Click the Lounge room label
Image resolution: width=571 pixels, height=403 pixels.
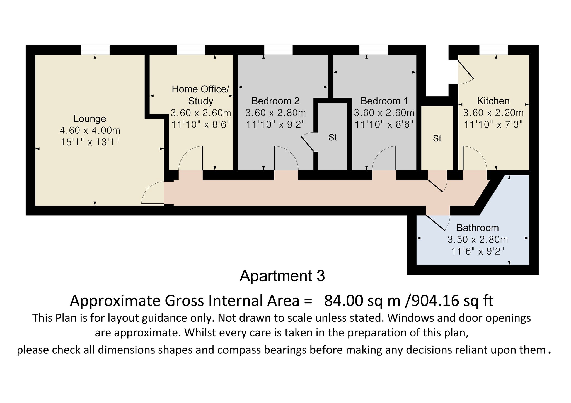(x=89, y=119)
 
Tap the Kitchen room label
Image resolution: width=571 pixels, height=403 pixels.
(x=493, y=101)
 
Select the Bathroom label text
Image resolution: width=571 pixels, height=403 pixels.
(x=477, y=228)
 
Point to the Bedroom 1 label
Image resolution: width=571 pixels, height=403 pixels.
(x=384, y=101)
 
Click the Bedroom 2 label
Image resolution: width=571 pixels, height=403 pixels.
(x=275, y=101)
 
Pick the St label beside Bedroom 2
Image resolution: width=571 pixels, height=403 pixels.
(x=333, y=137)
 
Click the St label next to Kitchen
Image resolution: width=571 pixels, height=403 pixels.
(x=437, y=138)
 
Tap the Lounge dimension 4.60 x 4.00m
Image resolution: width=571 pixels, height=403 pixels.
(x=90, y=130)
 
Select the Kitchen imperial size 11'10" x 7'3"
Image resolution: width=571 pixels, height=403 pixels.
(x=493, y=124)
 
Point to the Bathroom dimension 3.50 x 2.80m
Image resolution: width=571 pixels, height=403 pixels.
(x=478, y=240)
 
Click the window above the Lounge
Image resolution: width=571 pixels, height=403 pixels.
(x=95, y=50)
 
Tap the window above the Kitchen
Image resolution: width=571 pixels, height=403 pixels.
(x=493, y=50)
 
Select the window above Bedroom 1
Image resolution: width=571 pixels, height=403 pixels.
(x=373, y=50)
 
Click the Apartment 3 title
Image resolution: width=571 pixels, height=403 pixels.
(x=282, y=276)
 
